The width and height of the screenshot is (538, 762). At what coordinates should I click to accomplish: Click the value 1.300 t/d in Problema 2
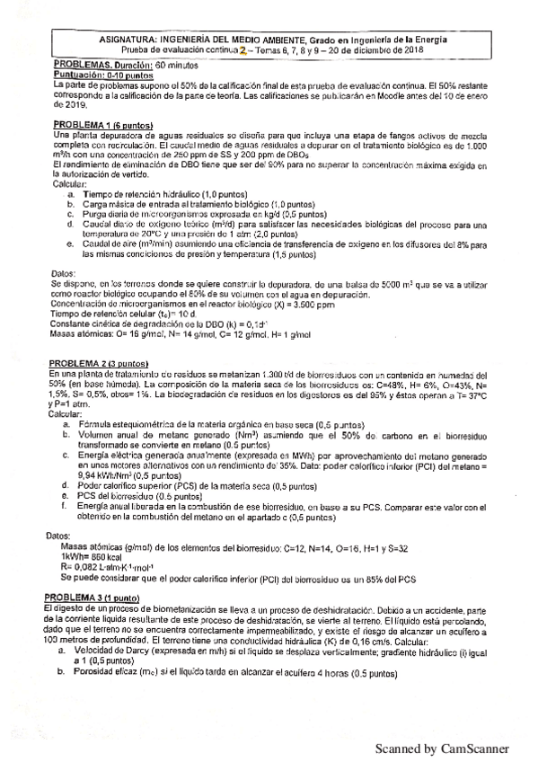[282, 373]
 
